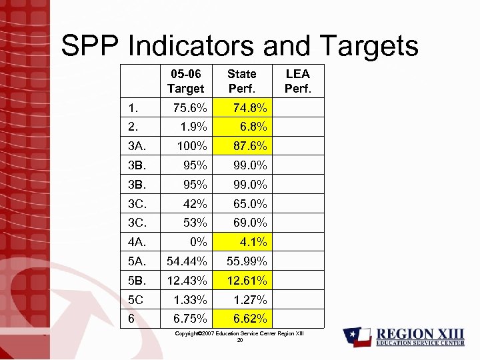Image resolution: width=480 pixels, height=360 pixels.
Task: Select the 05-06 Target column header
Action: pos(185,81)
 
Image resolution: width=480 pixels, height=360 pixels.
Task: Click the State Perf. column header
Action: pos(241,81)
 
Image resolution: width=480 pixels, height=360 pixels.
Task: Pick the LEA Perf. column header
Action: pos(297,81)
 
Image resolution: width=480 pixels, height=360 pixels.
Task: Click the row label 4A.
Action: pos(137,242)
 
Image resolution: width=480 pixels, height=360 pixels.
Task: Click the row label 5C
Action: pos(137,299)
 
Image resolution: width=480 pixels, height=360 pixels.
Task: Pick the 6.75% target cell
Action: pos(188,319)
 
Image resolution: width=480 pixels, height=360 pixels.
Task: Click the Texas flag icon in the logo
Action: pos(357,337)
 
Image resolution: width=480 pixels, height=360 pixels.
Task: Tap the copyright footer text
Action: pos(239,333)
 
